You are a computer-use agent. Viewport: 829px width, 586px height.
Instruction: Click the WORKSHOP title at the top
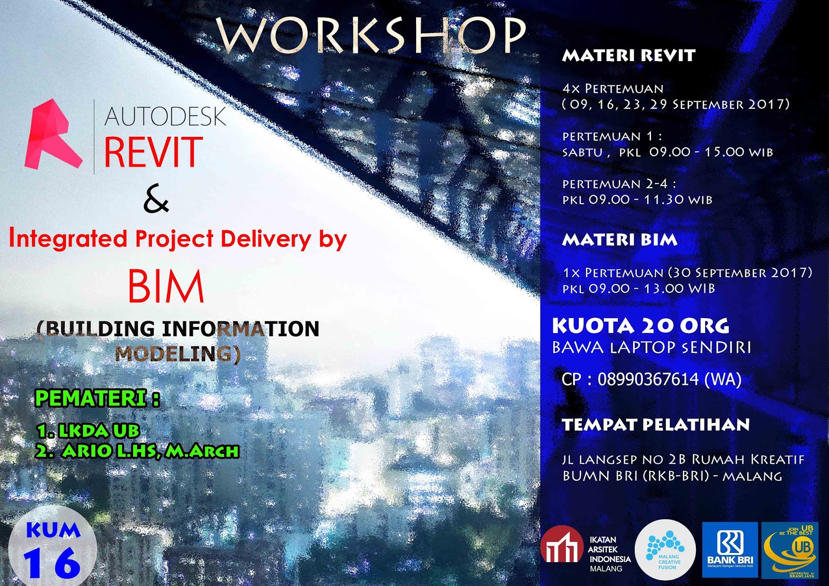click(371, 35)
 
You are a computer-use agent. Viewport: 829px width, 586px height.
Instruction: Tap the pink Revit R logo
click(53, 135)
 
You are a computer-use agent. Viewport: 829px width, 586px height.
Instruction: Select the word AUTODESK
click(165, 117)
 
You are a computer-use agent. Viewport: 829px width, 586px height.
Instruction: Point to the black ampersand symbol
click(156, 200)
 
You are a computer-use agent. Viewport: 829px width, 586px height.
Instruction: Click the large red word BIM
click(166, 287)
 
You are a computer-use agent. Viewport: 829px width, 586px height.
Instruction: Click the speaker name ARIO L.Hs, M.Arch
click(150, 451)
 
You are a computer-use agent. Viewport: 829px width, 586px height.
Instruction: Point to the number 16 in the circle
click(52, 563)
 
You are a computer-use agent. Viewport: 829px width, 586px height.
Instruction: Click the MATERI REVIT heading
click(628, 55)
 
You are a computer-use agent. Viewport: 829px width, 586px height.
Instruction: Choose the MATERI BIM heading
click(620, 239)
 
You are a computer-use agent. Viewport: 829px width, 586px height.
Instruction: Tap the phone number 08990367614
click(648, 379)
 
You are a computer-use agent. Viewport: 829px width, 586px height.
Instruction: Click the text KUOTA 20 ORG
click(640, 326)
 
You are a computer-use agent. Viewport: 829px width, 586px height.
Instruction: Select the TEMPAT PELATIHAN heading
click(655, 425)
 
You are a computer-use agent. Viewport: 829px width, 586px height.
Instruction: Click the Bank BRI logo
click(730, 550)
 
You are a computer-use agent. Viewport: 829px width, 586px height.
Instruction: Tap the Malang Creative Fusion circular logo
click(665, 550)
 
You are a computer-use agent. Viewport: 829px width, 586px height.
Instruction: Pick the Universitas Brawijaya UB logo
click(790, 550)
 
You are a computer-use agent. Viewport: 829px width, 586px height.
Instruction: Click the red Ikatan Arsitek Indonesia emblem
click(562, 546)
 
